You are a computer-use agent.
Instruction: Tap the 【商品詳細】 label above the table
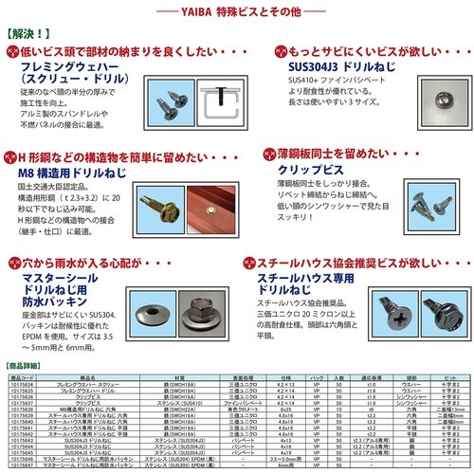coord(25,364)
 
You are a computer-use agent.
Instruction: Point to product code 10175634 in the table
coord(22,382)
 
